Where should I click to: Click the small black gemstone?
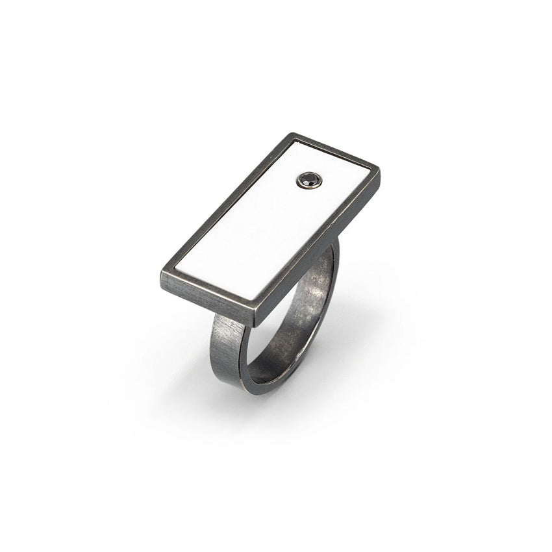(308, 180)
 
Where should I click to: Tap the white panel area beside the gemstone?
(338, 188)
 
